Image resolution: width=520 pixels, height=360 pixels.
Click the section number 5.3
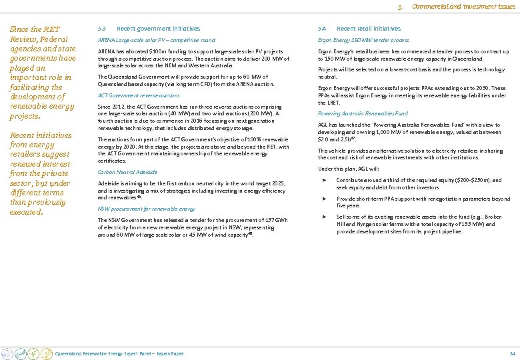(x=101, y=29)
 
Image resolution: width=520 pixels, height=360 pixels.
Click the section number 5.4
(x=322, y=29)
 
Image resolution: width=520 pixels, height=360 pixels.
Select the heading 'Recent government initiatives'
(x=158, y=29)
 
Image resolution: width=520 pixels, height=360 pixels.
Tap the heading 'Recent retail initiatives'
(x=369, y=29)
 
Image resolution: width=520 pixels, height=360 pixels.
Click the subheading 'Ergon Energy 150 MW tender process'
(x=363, y=41)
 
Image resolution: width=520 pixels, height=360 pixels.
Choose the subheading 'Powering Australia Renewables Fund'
(x=363, y=113)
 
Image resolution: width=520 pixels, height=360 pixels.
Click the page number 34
(x=512, y=353)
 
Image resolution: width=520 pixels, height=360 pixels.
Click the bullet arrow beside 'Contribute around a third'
(x=325, y=180)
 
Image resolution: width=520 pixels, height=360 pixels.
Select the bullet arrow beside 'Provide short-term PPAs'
(x=325, y=199)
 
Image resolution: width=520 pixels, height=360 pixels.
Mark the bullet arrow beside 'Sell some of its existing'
(x=325, y=217)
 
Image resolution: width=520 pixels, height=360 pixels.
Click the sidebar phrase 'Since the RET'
(x=35, y=29)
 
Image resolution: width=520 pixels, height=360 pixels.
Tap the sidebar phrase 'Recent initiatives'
(x=41, y=135)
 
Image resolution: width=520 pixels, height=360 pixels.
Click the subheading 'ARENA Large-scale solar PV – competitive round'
(x=147, y=41)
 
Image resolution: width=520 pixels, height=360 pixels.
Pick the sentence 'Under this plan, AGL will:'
(x=348, y=169)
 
